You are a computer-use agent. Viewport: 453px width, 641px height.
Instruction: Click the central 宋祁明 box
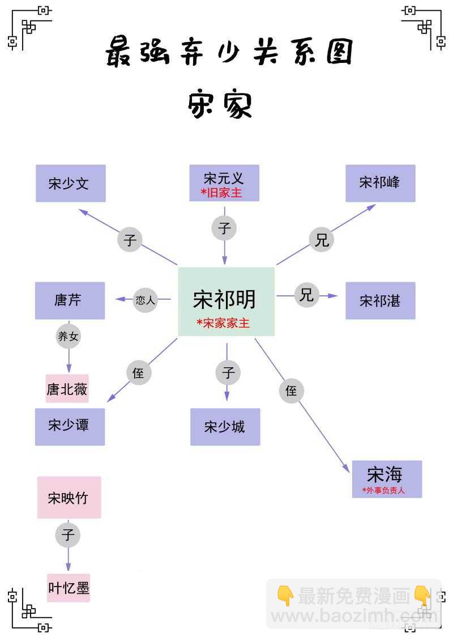[x=226, y=302]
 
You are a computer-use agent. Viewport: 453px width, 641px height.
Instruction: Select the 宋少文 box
[x=71, y=184]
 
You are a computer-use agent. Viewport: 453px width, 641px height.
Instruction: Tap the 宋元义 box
[x=224, y=183]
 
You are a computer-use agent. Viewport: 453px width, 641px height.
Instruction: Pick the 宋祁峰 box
[x=381, y=183]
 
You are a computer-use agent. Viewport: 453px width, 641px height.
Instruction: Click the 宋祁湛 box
[x=381, y=300]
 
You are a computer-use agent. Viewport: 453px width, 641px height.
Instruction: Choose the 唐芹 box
[x=70, y=300]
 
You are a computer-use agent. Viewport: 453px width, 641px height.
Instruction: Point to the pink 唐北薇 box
[x=67, y=389]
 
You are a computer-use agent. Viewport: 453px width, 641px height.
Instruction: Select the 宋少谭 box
[x=70, y=426]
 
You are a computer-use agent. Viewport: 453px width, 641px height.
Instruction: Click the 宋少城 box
[x=225, y=426]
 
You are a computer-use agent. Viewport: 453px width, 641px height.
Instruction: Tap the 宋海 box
[x=387, y=479]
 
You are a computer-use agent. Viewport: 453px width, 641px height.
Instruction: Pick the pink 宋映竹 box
[x=69, y=498]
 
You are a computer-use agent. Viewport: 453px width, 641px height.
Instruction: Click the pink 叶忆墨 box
[x=69, y=587]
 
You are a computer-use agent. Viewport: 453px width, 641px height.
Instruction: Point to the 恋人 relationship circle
[x=145, y=300]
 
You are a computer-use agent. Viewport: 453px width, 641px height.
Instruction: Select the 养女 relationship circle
[x=69, y=337]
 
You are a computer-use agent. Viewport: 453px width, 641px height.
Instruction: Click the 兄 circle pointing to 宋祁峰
[x=322, y=240]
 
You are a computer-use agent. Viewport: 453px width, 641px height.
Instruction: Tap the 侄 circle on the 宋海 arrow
[x=291, y=391]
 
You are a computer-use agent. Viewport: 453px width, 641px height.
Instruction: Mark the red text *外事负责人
[x=384, y=490]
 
